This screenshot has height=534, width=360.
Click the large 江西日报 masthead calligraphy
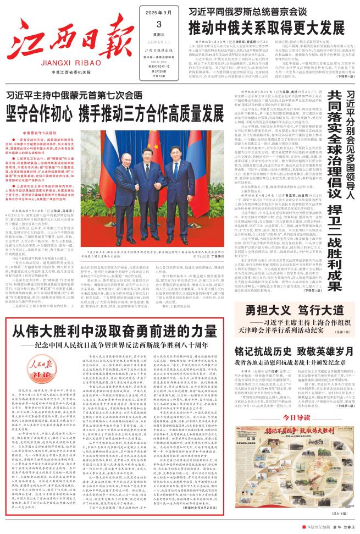pos(62,38)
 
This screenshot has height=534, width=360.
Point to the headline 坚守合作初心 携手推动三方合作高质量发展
pos(115,114)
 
